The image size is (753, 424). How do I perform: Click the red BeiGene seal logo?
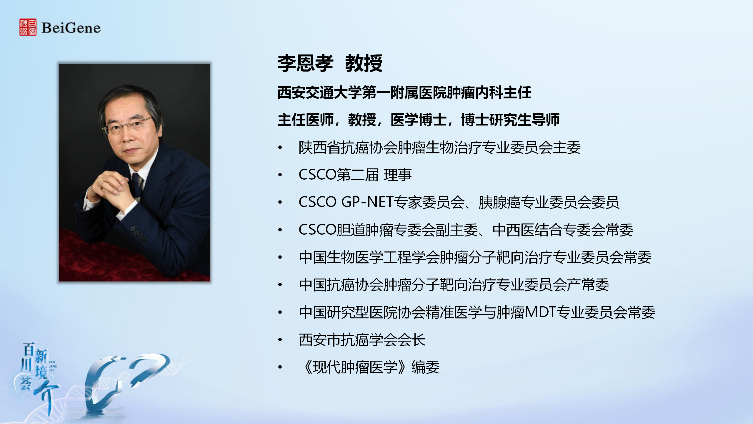pyautogui.click(x=28, y=27)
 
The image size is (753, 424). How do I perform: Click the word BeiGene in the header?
pyautogui.click(x=71, y=28)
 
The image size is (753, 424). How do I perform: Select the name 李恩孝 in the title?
pyautogui.click(x=305, y=63)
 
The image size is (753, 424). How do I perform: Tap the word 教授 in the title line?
pyautogui.click(x=364, y=63)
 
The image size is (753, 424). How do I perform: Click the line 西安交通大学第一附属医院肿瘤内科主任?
pyautogui.click(x=404, y=92)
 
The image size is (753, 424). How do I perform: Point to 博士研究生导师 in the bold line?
pyautogui.click(x=510, y=120)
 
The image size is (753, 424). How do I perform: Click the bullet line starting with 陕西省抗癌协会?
pyautogui.click(x=440, y=148)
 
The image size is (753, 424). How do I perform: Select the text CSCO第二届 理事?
pyautogui.click(x=355, y=175)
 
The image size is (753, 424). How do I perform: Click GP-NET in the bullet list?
pyautogui.click(x=367, y=202)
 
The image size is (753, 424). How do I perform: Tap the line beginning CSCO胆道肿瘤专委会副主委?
pyautogui.click(x=466, y=230)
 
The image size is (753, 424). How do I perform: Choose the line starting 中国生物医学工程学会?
pyautogui.click(x=475, y=257)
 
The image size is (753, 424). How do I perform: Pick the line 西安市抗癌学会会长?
pyautogui.click(x=362, y=339)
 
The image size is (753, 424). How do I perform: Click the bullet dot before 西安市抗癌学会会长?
pyautogui.click(x=280, y=340)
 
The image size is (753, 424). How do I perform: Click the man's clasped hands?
pyautogui.click(x=110, y=188)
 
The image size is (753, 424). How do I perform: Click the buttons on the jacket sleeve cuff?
pyautogui.click(x=138, y=234)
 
